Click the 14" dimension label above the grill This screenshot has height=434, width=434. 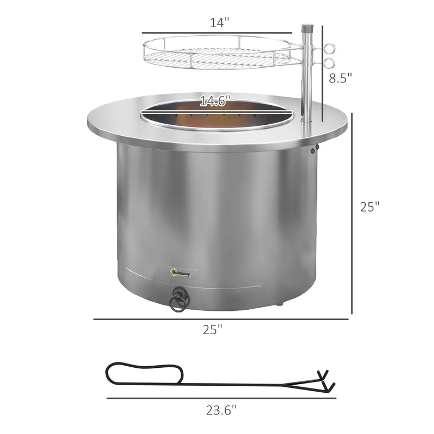(x=219, y=22)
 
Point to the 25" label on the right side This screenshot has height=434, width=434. (x=369, y=207)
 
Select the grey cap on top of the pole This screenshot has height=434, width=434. (x=307, y=27)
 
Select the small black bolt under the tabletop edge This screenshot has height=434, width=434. (x=313, y=152)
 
